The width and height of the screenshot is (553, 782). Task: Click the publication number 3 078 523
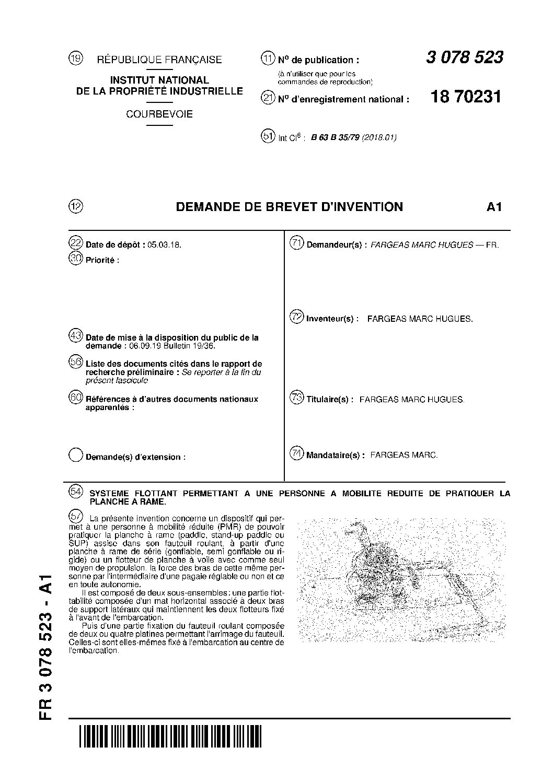click(464, 57)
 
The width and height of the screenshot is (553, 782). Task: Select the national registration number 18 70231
click(465, 97)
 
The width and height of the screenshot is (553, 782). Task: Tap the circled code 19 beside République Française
click(76, 59)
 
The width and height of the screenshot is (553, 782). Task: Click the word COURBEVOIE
click(159, 114)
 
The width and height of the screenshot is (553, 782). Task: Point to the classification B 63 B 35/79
click(335, 138)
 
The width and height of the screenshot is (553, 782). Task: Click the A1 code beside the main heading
click(494, 207)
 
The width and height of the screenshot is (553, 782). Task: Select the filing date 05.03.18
click(165, 244)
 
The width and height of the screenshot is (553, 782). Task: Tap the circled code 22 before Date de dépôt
click(76, 243)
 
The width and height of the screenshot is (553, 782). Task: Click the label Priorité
click(102, 260)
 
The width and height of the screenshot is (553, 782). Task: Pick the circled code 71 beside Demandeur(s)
click(297, 243)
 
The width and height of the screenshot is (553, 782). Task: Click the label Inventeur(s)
click(332, 319)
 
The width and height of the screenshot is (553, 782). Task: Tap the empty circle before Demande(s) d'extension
click(76, 455)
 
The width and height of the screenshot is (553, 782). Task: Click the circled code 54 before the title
click(76, 492)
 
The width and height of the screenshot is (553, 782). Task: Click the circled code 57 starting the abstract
click(76, 516)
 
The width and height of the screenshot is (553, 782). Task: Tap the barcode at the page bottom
click(170, 737)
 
